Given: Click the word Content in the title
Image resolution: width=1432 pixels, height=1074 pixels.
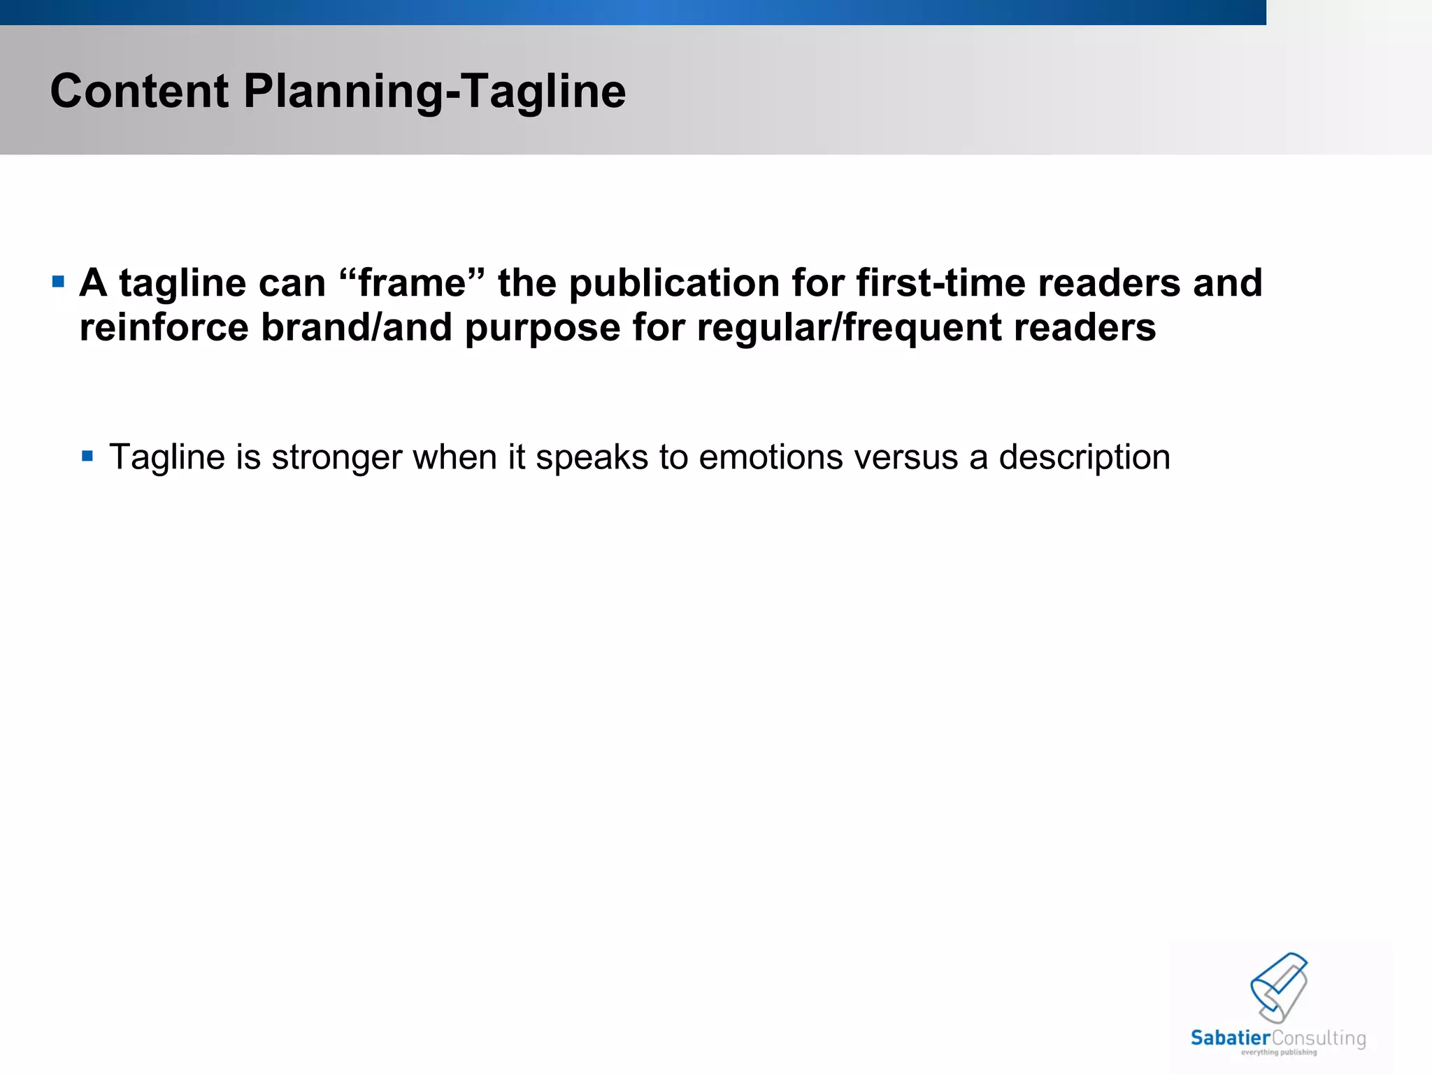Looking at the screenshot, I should coord(139,92).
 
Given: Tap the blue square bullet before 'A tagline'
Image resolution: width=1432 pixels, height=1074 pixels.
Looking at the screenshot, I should coord(58,282).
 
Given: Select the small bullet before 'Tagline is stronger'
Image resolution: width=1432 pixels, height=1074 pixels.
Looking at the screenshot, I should coord(87,457).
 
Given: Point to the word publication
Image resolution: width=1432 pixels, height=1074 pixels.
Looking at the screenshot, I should coord(674,284).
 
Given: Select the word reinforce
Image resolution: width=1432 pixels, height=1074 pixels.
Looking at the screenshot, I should coord(164,327).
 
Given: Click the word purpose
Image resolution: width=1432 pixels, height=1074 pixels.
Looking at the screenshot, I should coord(543,329).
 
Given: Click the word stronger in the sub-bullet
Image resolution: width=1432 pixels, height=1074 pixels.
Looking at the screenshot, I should coord(337,458).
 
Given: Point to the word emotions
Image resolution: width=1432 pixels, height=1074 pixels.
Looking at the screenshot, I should coord(771,457).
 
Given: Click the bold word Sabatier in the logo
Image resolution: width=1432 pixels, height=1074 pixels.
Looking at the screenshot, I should coord(1230,1038).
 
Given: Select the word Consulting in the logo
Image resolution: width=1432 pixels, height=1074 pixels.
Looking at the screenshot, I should coord(1319,1038).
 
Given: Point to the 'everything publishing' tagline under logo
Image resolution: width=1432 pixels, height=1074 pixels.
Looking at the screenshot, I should coord(1279,1052).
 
